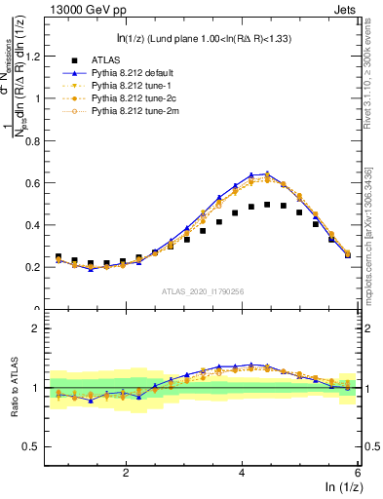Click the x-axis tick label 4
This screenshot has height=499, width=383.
click(x=242, y=471)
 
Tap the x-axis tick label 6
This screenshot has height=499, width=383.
click(x=357, y=471)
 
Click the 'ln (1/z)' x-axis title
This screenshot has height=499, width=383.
click(x=340, y=486)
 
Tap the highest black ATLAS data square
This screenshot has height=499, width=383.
click(x=267, y=205)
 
